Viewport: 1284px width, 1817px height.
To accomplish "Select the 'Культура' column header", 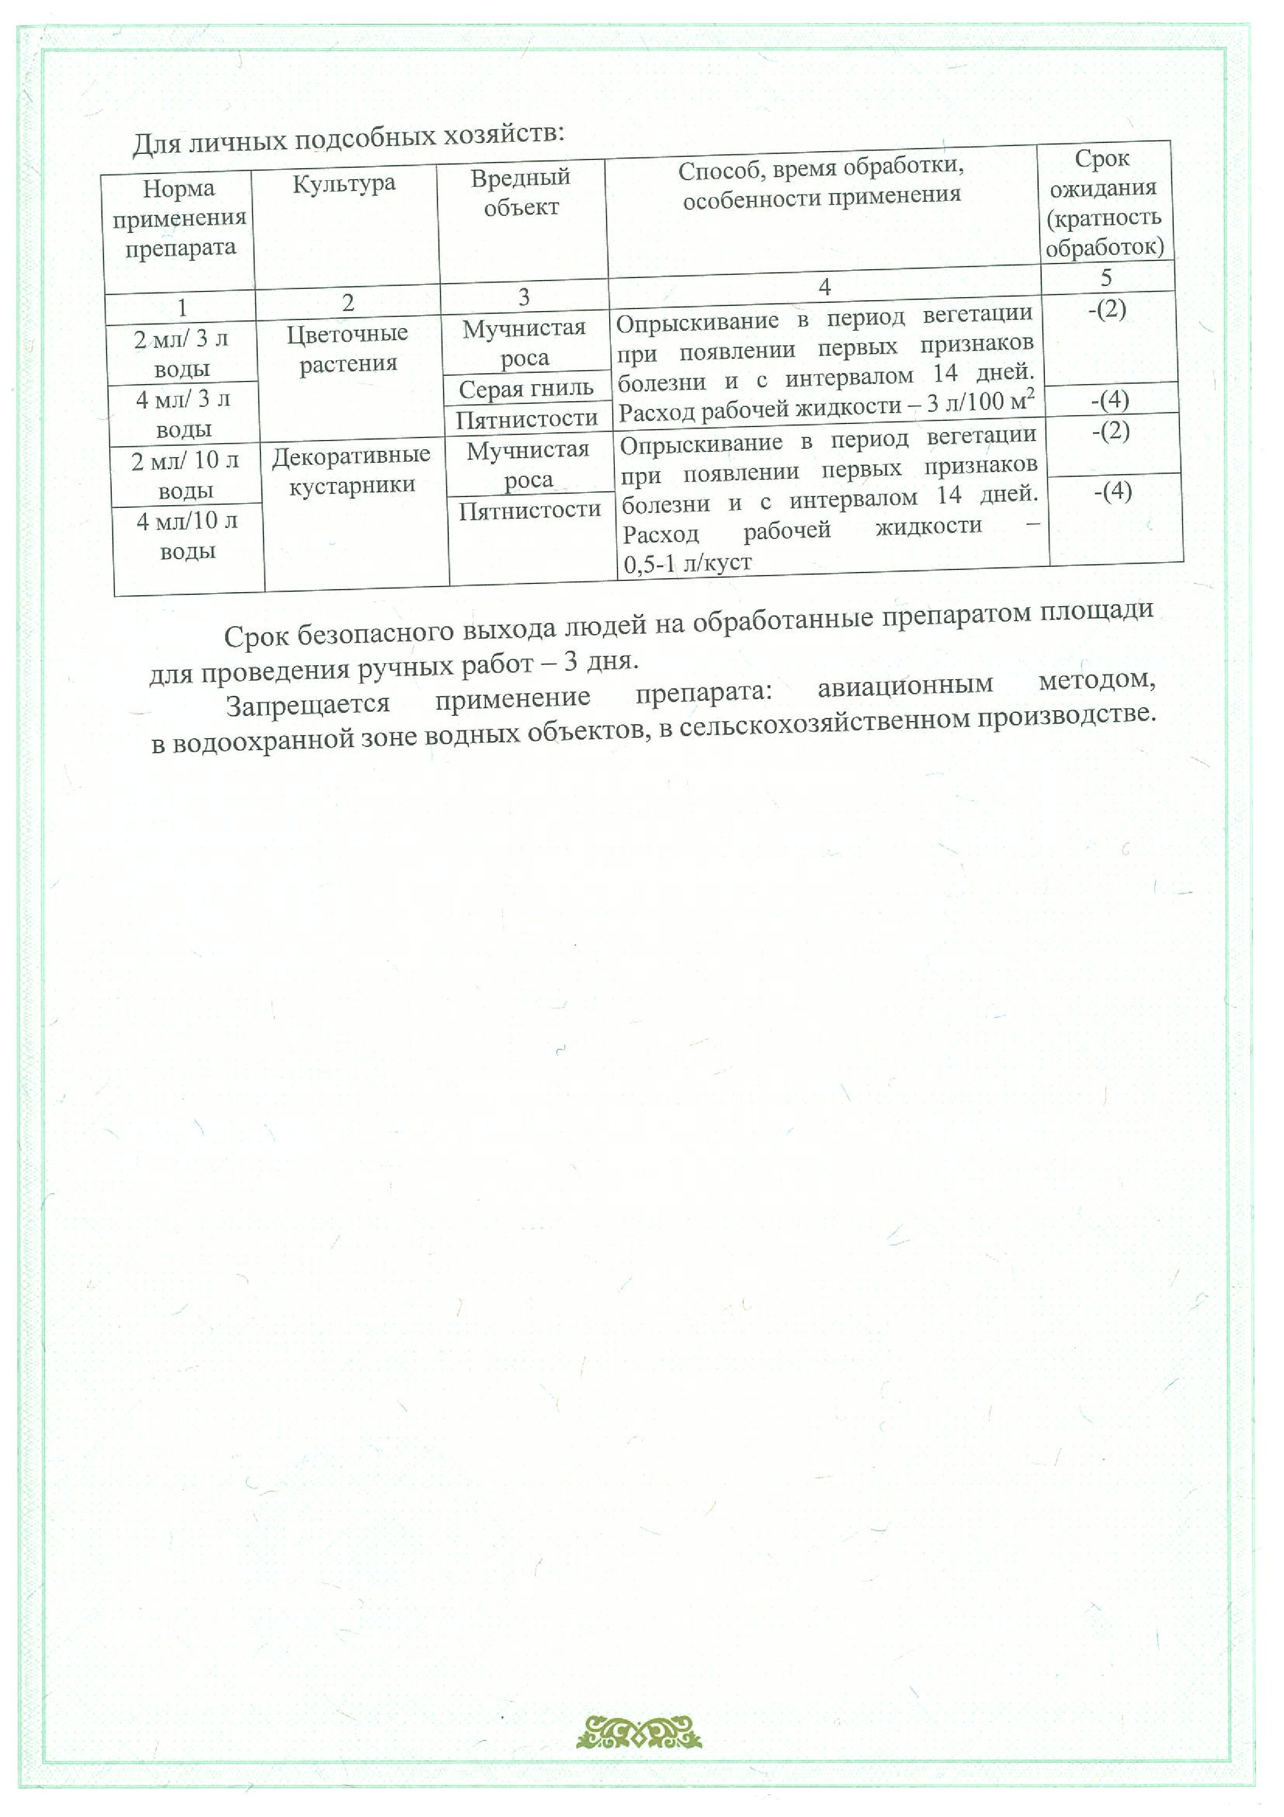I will (x=344, y=184).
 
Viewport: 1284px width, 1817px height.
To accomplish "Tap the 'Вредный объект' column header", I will (x=521, y=192).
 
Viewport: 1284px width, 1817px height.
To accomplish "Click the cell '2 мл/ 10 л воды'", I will (x=185, y=475).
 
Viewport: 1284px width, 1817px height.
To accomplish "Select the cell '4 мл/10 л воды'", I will (x=187, y=536).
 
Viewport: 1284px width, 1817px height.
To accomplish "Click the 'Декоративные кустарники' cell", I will (x=351, y=470).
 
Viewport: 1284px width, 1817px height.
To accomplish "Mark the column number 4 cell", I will (x=824, y=286).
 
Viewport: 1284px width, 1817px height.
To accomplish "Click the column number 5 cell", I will (x=1106, y=277).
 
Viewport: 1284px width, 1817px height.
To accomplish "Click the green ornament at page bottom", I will (x=639, y=1732).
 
